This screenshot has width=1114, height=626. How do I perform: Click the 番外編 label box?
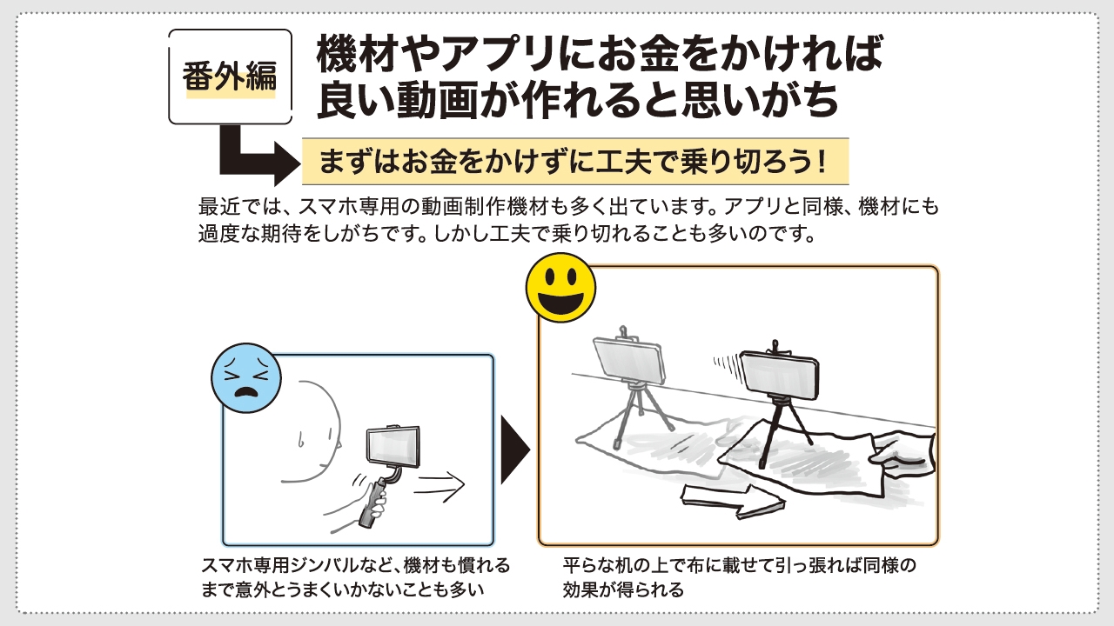pos(230,77)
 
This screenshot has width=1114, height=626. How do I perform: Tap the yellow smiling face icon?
pos(560,288)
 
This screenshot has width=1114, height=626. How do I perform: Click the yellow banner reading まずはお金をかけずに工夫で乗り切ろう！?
pos(574,161)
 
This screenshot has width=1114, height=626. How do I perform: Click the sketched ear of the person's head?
pos(301,438)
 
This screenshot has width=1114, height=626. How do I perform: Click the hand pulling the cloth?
pos(905,451)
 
